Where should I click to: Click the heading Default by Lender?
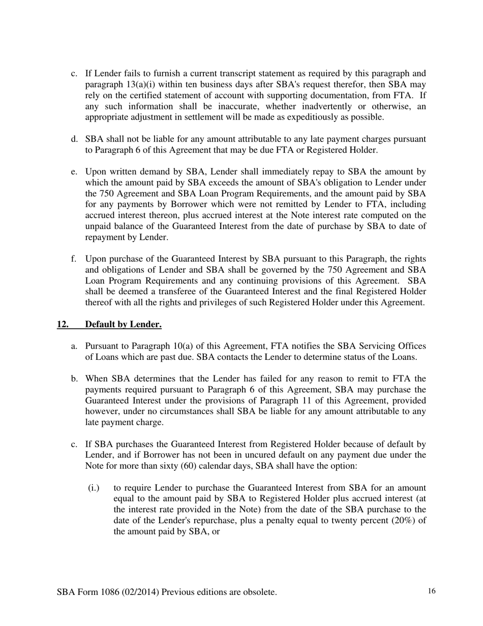click(x=123, y=324)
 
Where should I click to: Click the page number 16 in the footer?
click(x=432, y=591)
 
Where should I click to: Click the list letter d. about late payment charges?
click(x=74, y=139)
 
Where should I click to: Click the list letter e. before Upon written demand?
click(x=74, y=172)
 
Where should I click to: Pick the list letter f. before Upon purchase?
click(x=74, y=259)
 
